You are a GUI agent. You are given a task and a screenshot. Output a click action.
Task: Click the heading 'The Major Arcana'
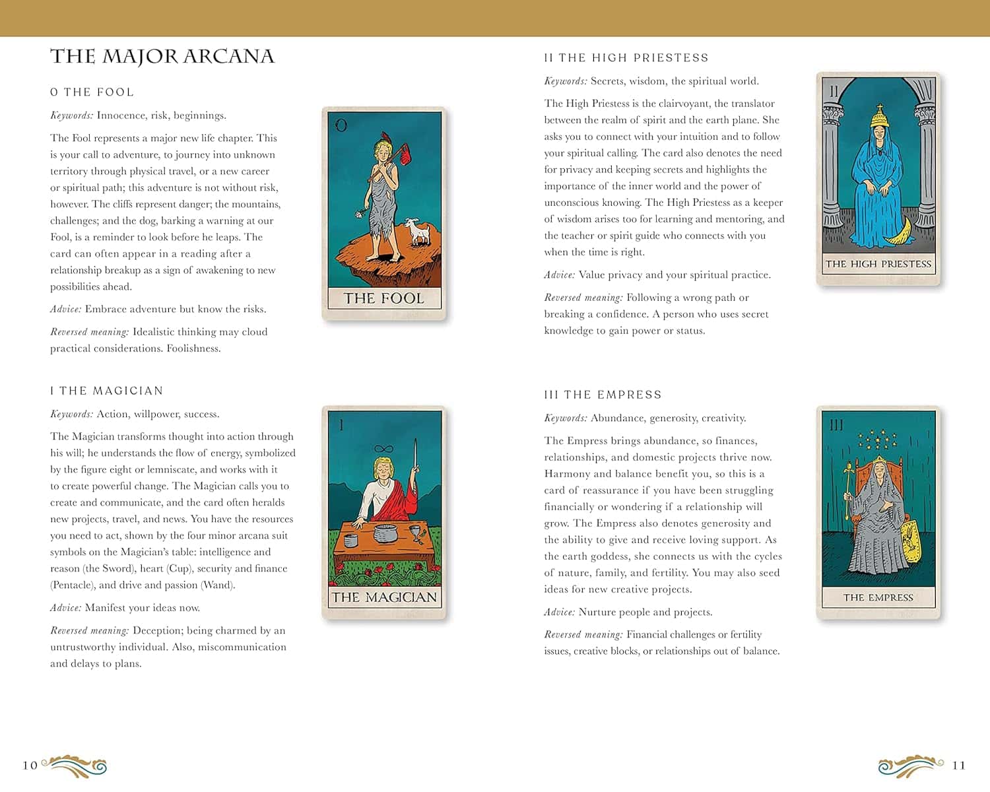coord(162,57)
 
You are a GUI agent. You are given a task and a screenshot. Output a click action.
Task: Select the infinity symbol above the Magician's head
coord(383,449)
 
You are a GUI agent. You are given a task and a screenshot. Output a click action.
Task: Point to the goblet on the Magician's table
coord(415,532)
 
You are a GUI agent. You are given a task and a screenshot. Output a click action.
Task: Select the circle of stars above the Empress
coord(877,440)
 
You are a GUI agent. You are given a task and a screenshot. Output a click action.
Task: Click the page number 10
coord(30,766)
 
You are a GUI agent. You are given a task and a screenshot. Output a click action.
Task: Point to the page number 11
coord(958,766)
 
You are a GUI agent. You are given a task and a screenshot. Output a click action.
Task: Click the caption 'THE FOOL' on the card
coord(383,298)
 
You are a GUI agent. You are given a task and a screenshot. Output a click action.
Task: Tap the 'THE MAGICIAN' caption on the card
coord(383,597)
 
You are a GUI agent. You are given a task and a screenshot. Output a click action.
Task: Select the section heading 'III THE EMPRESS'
coord(603,395)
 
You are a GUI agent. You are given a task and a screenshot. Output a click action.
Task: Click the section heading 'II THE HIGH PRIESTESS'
coord(626,58)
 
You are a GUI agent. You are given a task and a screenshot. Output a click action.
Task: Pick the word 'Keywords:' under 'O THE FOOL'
coord(71,115)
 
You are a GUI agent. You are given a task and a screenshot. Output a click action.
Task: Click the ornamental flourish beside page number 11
coord(910,766)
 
